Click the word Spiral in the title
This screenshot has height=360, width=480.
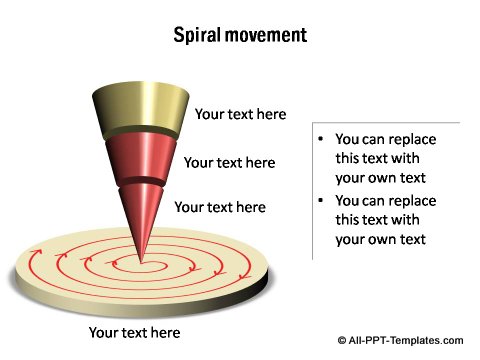[198, 36]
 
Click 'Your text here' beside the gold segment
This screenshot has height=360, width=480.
[240, 114]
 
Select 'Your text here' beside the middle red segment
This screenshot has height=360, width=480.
[229, 162]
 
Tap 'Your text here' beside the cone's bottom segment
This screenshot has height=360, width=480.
[220, 208]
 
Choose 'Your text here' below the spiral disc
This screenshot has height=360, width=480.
[134, 332]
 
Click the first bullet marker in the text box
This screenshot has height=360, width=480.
[319, 140]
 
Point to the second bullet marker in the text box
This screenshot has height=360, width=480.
[319, 201]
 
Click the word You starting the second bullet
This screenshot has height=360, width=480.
[348, 201]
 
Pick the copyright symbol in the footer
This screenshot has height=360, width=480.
[343, 340]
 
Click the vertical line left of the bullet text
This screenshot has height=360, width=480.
[312, 190]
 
